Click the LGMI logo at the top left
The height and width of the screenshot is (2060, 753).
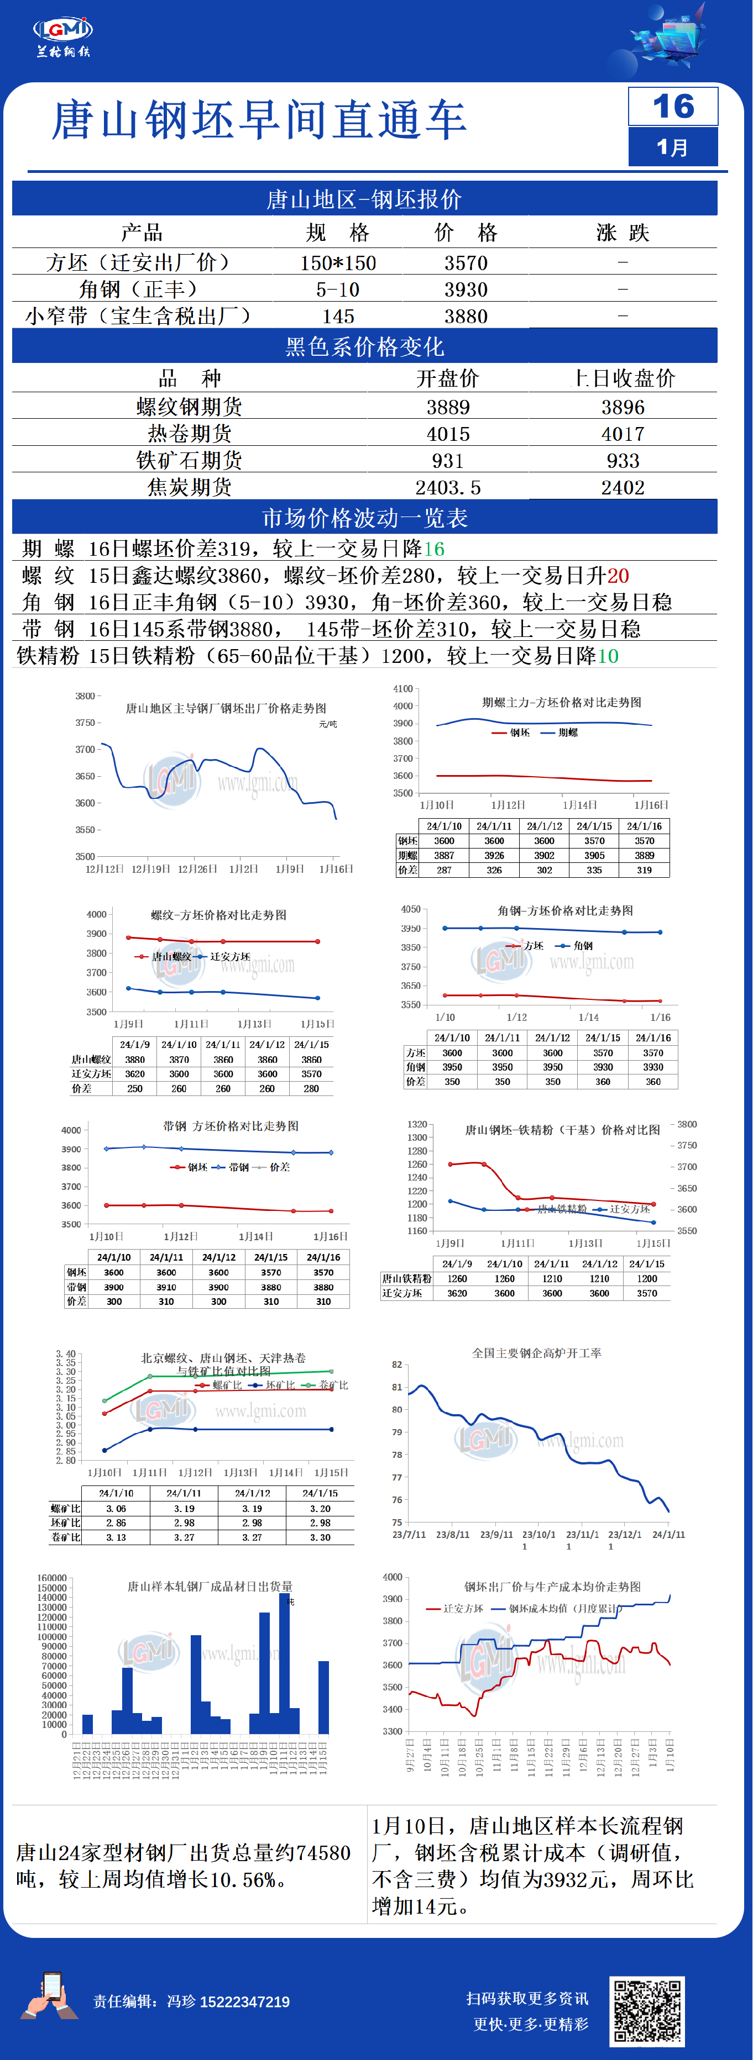coord(63,35)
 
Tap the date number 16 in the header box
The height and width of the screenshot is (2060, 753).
coord(673,107)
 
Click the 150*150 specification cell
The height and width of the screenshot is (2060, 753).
coord(338,263)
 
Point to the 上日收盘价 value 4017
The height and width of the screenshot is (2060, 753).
coord(623,434)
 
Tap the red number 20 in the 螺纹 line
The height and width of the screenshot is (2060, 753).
coord(618,576)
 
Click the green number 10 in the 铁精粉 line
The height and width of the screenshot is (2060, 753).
coord(608,656)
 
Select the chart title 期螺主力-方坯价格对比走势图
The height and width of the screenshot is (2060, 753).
coord(561,702)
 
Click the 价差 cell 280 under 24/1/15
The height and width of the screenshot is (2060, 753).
coord(311,1088)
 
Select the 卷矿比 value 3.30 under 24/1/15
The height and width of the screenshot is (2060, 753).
coord(320,1537)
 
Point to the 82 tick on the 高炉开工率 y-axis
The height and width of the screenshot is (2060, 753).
coord(397,1364)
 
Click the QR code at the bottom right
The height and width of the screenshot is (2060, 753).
coord(647,2010)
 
